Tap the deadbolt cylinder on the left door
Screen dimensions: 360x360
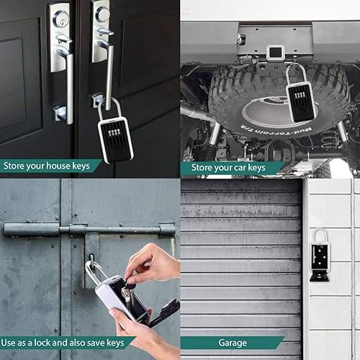[60, 19]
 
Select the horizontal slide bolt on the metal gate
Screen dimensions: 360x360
[86, 230]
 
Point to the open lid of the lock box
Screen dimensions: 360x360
[163, 313]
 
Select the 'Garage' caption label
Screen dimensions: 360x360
[232, 343]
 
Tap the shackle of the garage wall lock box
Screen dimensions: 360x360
[319, 234]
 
